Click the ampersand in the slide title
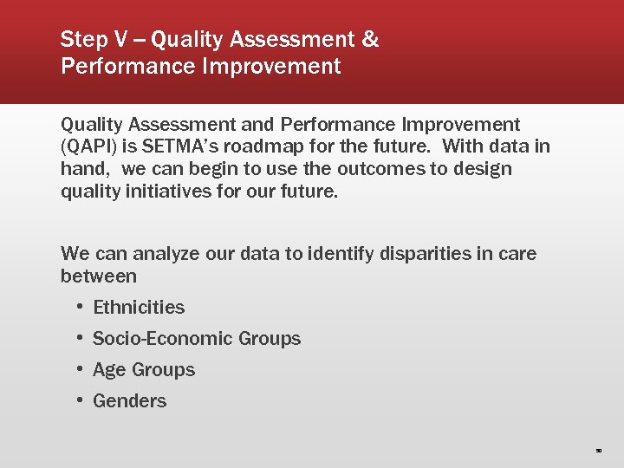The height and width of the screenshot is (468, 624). pos(369,39)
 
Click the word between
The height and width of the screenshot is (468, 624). pos(99,276)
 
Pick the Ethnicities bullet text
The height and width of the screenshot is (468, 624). pos(139,308)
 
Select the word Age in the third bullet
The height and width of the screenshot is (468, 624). pos(109,370)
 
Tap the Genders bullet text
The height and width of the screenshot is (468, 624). pos(129,401)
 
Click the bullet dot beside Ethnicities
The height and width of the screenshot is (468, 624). pos(79,307)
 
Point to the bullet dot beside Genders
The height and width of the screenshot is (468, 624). pos(79,400)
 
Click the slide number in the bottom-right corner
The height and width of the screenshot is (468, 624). pos(598,451)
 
